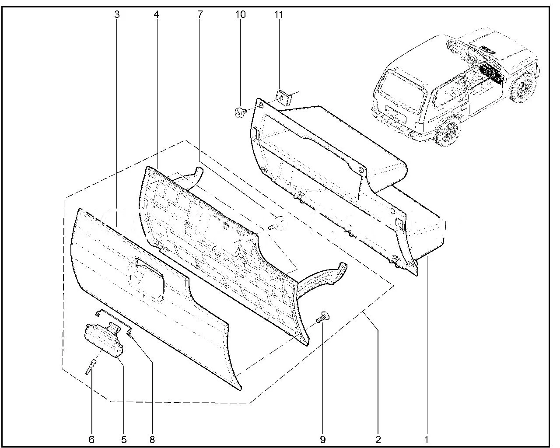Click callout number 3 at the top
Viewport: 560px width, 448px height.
(117, 14)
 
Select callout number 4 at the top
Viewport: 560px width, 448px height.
(156, 14)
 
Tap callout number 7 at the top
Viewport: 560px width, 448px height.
(200, 14)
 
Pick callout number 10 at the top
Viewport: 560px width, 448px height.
(241, 14)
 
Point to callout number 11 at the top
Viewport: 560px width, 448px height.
(279, 14)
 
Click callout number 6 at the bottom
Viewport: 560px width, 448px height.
(91, 439)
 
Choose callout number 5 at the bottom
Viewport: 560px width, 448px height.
(124, 439)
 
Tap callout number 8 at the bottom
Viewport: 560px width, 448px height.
(152, 439)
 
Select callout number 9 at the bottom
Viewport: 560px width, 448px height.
(323, 439)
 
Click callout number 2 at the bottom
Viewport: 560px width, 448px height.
(378, 439)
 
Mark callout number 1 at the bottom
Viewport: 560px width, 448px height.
(426, 439)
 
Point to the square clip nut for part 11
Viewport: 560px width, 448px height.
(283, 97)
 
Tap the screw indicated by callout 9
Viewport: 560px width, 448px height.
(323, 317)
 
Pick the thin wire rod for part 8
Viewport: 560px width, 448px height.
(115, 322)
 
